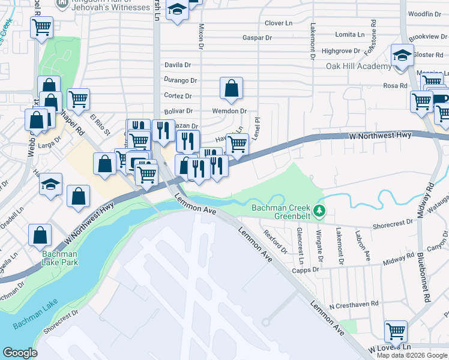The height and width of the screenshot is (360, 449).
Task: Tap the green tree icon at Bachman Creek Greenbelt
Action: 320,211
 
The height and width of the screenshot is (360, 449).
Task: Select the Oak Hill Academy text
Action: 358,66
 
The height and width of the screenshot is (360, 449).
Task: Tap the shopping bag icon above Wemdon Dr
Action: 231,88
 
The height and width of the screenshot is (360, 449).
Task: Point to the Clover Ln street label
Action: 278,23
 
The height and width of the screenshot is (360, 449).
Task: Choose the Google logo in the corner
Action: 20,353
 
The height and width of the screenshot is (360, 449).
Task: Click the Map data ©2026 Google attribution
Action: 412,355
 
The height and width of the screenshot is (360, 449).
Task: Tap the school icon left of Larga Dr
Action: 51,184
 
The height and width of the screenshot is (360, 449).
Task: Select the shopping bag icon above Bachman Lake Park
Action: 40,236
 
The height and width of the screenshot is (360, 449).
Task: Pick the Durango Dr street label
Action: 180,80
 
